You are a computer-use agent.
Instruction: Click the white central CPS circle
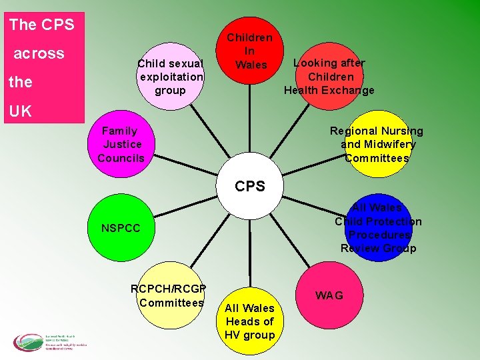click(250, 187)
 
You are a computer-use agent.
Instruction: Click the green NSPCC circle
click(121, 229)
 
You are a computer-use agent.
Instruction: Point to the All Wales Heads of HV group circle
click(250, 321)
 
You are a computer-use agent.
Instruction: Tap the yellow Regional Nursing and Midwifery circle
click(377, 144)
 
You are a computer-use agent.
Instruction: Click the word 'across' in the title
click(39, 53)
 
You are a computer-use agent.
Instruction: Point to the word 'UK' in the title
click(21, 111)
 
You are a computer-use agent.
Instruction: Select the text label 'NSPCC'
click(121, 229)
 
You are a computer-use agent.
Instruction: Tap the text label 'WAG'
click(329, 295)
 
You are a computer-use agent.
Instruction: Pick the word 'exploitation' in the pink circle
click(171, 77)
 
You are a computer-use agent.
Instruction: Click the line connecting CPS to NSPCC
click(185, 209)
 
